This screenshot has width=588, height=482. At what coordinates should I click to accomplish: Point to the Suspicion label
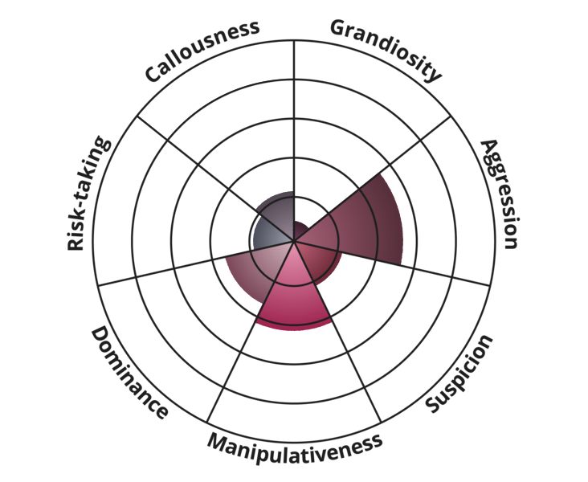pyautogui.click(x=459, y=374)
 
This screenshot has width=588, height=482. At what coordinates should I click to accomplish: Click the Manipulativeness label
pyautogui.click(x=295, y=447)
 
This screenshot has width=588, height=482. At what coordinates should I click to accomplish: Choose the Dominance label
pyautogui.click(x=129, y=373)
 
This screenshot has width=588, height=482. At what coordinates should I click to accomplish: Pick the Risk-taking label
pyautogui.click(x=88, y=193)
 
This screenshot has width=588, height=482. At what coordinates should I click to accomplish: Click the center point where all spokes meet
pyautogui.click(x=294, y=241)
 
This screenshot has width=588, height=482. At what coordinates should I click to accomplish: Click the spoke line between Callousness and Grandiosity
pyautogui.click(x=294, y=141)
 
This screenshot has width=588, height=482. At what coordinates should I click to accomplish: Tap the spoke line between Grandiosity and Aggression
pyautogui.click(x=373, y=178)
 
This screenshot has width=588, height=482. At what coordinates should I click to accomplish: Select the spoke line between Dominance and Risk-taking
pyautogui.click(x=196, y=263)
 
